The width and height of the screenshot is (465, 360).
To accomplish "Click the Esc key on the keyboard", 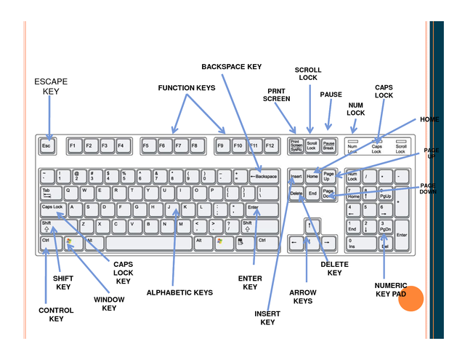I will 47,146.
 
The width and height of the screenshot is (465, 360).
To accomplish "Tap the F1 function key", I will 73,146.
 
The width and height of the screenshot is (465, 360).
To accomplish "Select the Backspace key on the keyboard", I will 264,176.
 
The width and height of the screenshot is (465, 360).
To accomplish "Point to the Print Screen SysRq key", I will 296,145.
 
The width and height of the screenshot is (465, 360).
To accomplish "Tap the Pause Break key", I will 328,145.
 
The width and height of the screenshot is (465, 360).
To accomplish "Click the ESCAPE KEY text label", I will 51,87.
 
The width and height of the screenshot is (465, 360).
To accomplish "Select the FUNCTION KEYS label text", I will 187,88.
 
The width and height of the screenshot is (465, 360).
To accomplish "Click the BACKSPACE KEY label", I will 231,67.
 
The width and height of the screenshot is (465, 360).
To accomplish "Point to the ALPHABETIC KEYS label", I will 179,292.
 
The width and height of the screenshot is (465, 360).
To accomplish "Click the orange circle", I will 411,299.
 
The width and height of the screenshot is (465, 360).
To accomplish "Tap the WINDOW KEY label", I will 109,303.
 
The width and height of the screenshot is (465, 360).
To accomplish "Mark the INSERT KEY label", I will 267,317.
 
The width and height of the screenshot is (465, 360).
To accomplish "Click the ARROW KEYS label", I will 303,296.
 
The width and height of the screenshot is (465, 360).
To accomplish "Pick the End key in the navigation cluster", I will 312,193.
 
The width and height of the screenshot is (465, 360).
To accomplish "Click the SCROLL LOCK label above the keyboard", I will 307,73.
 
